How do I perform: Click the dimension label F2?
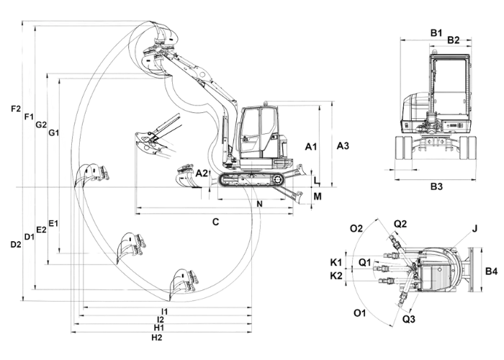pos(15,109)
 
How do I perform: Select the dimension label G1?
pos(54,132)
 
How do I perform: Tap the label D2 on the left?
pos(16,244)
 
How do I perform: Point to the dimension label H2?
pos(157,338)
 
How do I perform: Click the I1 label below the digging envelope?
pos(165,312)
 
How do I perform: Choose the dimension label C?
pos(216,222)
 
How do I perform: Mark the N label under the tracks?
pos(260,204)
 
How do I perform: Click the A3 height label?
pos(343,145)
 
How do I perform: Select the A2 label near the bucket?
pos(202,174)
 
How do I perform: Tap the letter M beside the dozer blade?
pos(318,196)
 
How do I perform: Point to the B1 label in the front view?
pos(436,33)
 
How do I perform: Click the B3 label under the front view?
pos(436,186)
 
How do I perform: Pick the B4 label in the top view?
pos(491,271)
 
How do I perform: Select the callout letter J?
pos(474,228)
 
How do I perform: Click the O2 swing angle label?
pos(356,228)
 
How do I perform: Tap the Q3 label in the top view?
pos(409,319)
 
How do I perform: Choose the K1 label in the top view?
pos(336,263)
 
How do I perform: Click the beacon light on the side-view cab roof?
pos(265,104)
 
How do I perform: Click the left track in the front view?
pos(403,148)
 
